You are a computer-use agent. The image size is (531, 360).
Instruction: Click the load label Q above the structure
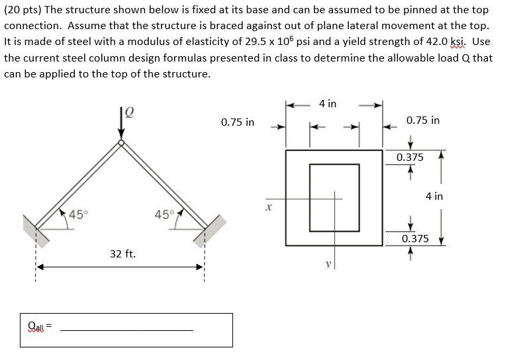(131, 112)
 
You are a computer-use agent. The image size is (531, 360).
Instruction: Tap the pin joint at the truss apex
(121, 142)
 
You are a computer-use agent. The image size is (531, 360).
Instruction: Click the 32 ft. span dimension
(122, 253)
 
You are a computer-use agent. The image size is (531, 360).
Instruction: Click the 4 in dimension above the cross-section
(327, 104)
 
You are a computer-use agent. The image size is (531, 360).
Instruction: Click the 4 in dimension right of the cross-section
(434, 196)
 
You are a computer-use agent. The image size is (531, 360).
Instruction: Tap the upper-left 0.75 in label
(238, 122)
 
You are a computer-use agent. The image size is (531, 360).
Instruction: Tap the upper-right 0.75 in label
(423, 120)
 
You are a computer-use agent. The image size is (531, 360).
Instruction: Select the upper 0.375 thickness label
(410, 157)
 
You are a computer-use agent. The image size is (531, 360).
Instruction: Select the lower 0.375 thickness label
(415, 238)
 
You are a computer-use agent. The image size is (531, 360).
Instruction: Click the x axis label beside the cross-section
(268, 207)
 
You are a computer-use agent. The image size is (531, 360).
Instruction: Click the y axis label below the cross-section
(327, 264)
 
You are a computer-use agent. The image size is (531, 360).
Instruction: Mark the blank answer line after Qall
(126, 330)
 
